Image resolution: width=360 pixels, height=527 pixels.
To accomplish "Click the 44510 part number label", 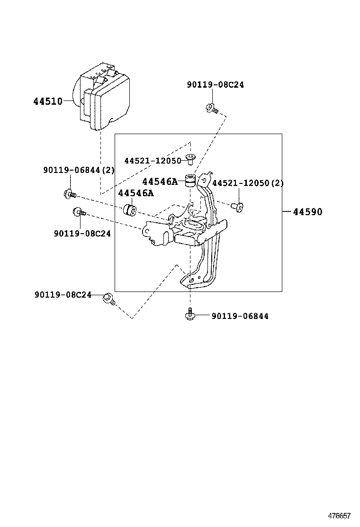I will (x=47, y=101).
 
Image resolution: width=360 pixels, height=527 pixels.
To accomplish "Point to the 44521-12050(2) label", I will (x=248, y=183).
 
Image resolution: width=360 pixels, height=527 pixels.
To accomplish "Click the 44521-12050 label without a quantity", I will (x=153, y=161).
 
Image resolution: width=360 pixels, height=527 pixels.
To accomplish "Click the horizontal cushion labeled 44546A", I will (x=130, y=209).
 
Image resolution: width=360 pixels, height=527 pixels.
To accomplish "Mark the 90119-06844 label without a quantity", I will (x=240, y=316).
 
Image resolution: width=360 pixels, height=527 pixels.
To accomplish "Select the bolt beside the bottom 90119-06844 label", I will (x=190, y=314).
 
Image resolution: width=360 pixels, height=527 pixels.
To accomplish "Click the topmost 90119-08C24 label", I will (x=216, y=85).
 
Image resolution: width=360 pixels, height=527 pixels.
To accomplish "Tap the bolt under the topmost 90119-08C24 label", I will (x=211, y=109).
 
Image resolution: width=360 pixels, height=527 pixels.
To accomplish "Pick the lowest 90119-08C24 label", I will (x=63, y=294).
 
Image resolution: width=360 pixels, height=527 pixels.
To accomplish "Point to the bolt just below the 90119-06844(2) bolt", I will (x=78, y=212).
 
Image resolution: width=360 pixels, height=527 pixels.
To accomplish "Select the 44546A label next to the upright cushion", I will (x=160, y=182).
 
